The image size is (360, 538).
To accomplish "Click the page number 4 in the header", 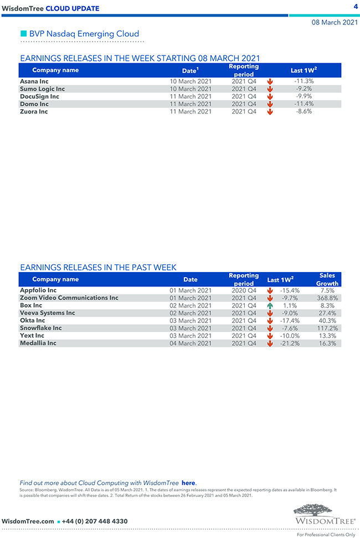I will (355, 6).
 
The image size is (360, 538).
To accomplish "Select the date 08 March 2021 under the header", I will (335, 23).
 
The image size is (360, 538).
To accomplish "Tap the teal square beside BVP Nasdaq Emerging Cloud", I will (23, 34).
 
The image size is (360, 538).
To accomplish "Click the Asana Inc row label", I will (34, 81).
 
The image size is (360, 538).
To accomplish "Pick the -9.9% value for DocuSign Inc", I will (304, 96).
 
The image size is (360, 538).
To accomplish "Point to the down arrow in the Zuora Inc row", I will (270, 111).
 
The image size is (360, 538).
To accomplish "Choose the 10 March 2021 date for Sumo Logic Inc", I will (191, 89).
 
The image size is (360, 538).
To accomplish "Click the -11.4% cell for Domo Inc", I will (304, 104).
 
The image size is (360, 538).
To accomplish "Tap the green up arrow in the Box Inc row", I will (270, 305).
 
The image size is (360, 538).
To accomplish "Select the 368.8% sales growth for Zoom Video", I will (327, 298).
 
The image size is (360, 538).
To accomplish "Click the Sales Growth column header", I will (327, 279).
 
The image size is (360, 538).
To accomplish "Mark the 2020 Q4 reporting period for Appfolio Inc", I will (244, 290).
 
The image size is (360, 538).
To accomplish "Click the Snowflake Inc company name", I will (40, 328).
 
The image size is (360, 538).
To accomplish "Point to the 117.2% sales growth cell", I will (327, 328).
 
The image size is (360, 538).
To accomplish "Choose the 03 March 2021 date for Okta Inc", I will (191, 320).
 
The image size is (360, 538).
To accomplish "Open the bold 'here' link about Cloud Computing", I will (188, 483).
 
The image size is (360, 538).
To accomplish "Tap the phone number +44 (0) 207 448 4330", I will (95, 521).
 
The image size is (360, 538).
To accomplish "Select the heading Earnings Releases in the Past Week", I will (98, 268).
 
